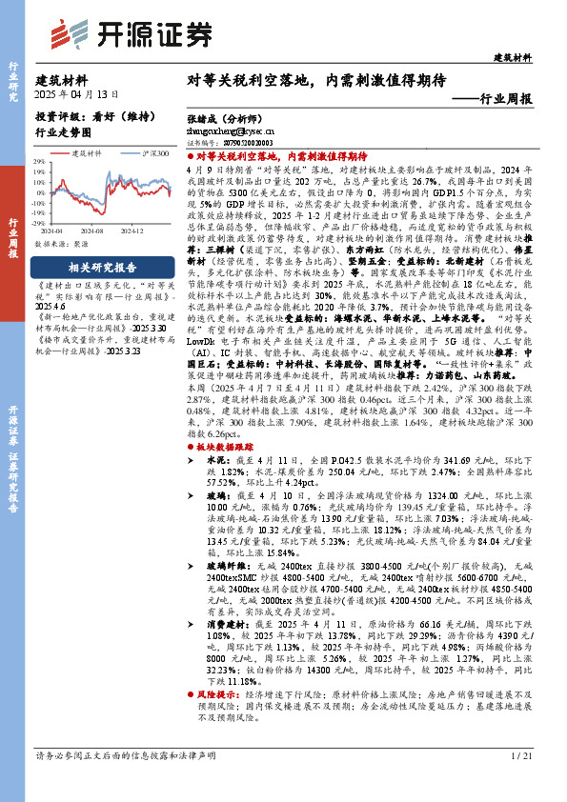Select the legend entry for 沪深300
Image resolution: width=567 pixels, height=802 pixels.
coord(155,151)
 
